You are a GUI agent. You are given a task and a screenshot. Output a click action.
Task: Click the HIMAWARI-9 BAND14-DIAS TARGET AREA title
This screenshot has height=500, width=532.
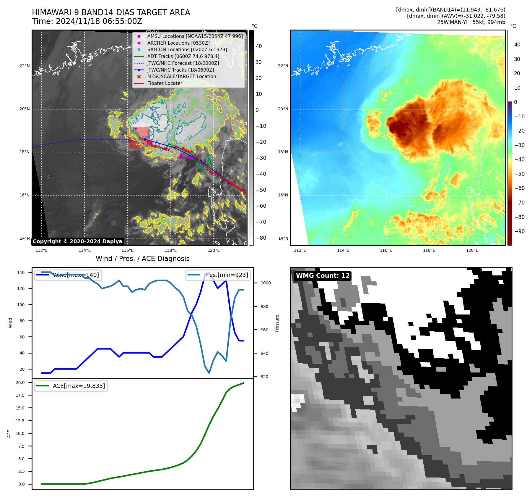pyautogui.click(x=111, y=12)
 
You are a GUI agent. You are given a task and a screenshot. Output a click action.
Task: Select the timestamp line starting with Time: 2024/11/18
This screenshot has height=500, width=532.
pyautogui.click(x=87, y=21)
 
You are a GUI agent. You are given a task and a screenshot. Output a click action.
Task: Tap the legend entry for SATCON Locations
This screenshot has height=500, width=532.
pyautogui.click(x=187, y=50)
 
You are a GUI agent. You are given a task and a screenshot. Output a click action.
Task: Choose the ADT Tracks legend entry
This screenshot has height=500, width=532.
pyautogui.click(x=183, y=56)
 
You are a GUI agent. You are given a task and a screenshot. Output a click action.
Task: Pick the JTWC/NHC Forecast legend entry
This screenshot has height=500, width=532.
pyautogui.click(x=183, y=63)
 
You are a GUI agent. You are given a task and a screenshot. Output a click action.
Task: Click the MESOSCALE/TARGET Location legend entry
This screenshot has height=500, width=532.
pyautogui.click(x=182, y=76)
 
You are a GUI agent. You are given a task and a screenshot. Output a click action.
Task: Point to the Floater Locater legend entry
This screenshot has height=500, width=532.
pyautogui.click(x=165, y=83)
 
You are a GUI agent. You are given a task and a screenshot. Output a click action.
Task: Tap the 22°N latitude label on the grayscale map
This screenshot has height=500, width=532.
pyautogui.click(x=25, y=66)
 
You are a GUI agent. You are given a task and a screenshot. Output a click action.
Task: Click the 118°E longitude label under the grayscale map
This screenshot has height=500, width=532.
pyautogui.click(x=171, y=250)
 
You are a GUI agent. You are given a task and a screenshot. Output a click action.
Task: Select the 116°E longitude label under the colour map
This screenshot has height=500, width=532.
pyautogui.click(x=386, y=250)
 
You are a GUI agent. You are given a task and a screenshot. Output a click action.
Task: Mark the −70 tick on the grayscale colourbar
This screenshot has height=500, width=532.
pyautogui.click(x=261, y=222)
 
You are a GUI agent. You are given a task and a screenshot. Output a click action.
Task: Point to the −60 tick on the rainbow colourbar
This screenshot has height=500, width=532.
pyautogui.click(x=519, y=188)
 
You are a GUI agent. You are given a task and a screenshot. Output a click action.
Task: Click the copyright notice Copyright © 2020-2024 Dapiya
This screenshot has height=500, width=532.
pyautogui.click(x=77, y=241)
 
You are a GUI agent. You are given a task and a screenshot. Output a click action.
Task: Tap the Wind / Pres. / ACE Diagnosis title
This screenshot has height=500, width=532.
pyautogui.click(x=143, y=259)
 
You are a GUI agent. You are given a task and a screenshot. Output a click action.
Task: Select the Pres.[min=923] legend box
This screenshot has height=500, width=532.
pyautogui.click(x=219, y=275)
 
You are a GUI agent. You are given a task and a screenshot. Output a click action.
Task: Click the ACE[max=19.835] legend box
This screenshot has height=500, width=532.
pyautogui.click(x=71, y=386)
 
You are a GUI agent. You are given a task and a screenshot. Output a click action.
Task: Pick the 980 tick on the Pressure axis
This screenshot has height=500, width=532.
pyautogui.click(x=264, y=307)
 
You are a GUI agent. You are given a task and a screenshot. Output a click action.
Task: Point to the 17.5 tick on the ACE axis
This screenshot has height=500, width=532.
pyautogui.click(x=20, y=395)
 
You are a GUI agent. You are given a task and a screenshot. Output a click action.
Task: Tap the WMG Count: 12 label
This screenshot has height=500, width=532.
pyautogui.click(x=323, y=276)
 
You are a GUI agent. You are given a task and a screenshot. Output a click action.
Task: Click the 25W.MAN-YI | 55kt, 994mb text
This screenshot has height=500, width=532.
pyautogui.click(x=471, y=22)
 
